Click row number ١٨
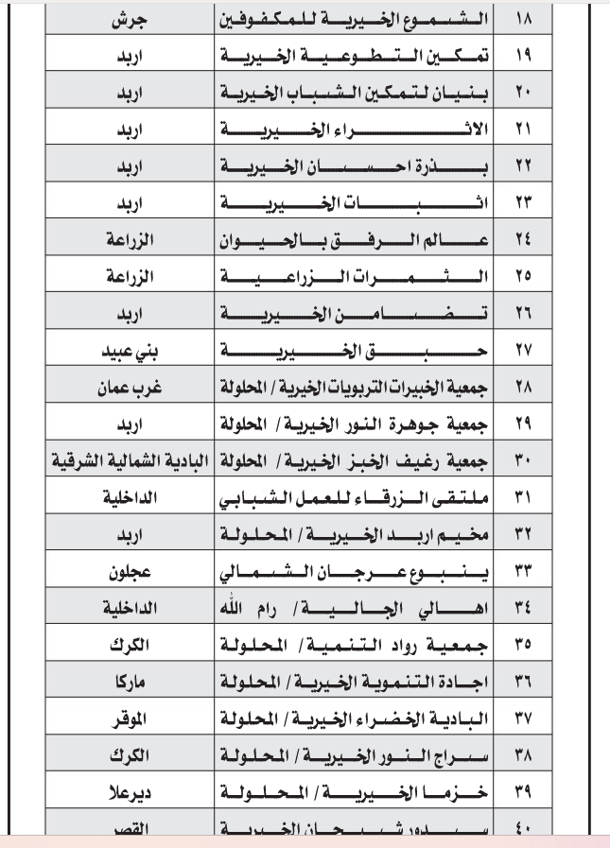tap(523, 18)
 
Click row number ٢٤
tap(523, 241)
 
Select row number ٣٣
tap(523, 573)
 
